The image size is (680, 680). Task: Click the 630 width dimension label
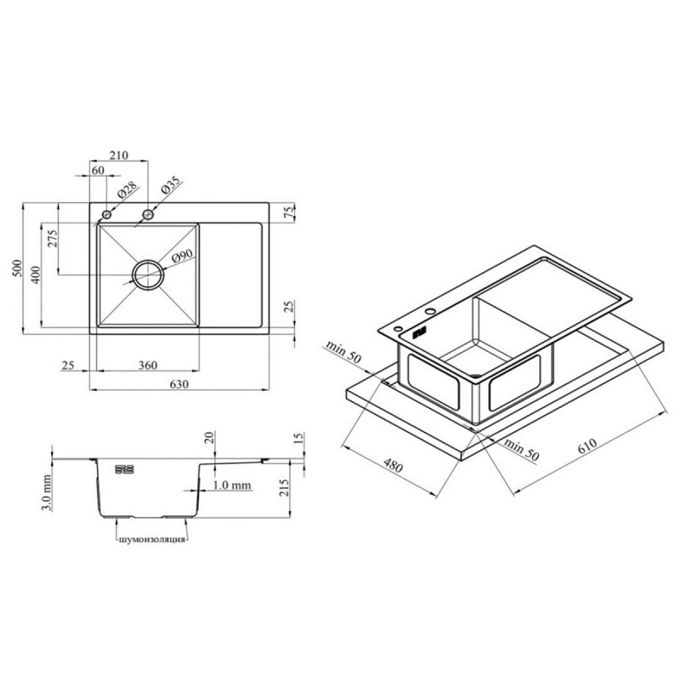[179, 384]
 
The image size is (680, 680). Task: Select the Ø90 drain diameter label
[182, 257]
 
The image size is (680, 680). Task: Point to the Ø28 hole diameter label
[127, 190]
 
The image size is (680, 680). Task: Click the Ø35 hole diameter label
[170, 185]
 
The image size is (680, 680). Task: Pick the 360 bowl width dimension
[147, 365]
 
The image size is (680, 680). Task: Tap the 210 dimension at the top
[118, 156]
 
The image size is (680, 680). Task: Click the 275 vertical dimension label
[52, 239]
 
